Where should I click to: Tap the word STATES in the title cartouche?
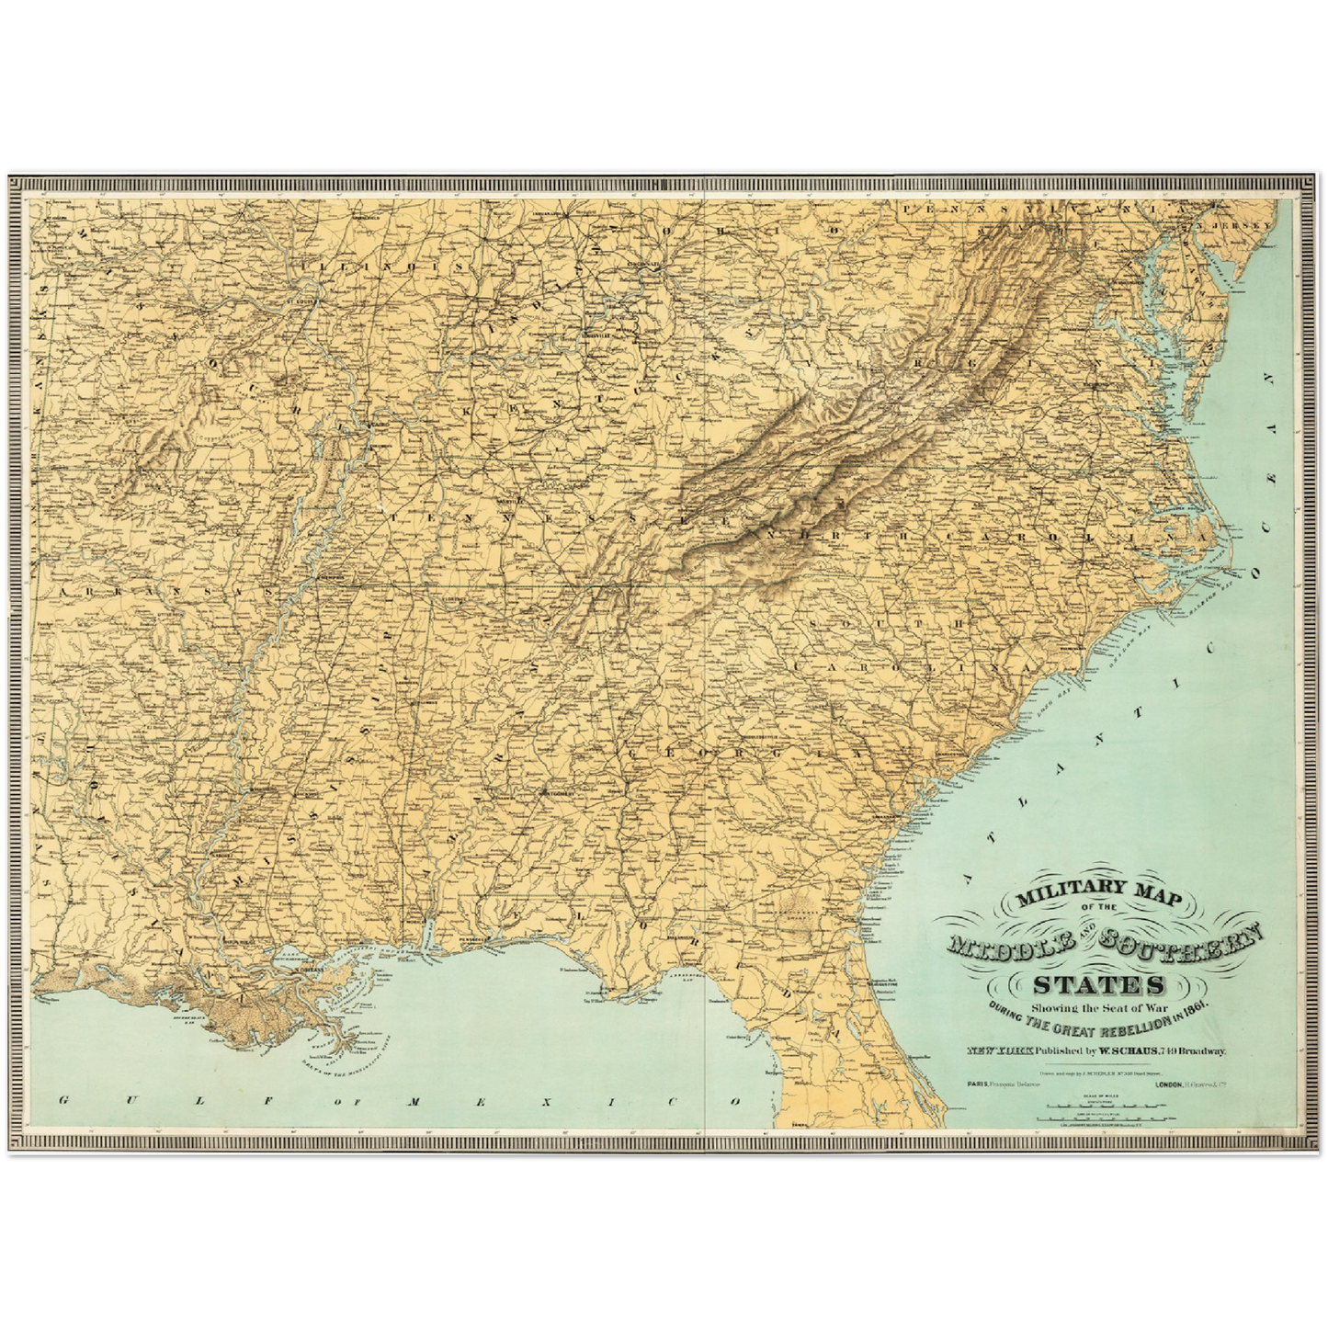pyautogui.click(x=1097, y=986)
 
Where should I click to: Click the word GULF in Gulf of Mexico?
pyautogui.click(x=123, y=1100)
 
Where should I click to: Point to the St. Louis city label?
pyautogui.click(x=295, y=300)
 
